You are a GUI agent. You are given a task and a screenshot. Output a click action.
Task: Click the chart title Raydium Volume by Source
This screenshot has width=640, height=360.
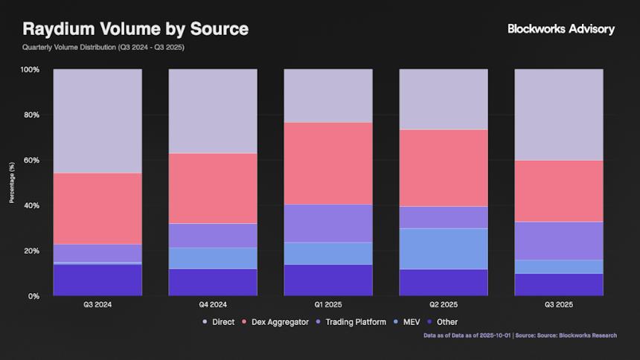tap(135, 29)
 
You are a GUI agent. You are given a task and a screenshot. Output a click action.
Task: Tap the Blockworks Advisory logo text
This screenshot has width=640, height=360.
tap(561, 29)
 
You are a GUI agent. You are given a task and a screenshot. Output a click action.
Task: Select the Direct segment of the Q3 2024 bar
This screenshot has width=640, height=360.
tap(97, 121)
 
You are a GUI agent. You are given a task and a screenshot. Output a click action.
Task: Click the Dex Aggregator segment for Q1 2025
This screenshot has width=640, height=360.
tap(328, 163)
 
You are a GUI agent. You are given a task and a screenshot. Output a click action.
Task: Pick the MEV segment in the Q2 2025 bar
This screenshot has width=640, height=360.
tap(444, 248)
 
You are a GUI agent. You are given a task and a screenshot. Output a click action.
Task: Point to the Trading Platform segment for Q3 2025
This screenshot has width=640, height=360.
tap(559, 241)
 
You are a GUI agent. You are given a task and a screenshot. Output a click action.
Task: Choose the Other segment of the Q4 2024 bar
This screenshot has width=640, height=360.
tap(213, 283)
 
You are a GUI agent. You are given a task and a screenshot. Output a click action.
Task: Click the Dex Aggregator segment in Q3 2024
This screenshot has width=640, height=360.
tap(97, 209)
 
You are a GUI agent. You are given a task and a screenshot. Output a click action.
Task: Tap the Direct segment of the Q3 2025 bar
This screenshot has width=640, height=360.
tap(559, 115)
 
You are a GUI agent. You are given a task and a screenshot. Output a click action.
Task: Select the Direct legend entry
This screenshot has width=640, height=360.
tap(218, 322)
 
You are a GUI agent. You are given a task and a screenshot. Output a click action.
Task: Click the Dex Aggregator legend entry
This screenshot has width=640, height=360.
tap(276, 322)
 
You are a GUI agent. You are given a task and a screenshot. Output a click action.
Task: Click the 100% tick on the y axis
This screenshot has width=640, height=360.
tap(31, 70)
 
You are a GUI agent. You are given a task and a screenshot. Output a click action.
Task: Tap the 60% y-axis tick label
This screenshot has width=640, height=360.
tap(32, 161)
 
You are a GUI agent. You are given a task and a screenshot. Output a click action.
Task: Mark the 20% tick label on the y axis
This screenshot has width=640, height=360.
tap(32, 251)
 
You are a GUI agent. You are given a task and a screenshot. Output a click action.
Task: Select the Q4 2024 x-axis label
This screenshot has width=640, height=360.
tap(213, 305)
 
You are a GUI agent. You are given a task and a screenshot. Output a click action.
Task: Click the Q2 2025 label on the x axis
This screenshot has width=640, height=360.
tap(444, 305)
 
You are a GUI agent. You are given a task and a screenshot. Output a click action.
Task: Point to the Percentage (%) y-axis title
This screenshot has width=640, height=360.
tap(11, 183)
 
